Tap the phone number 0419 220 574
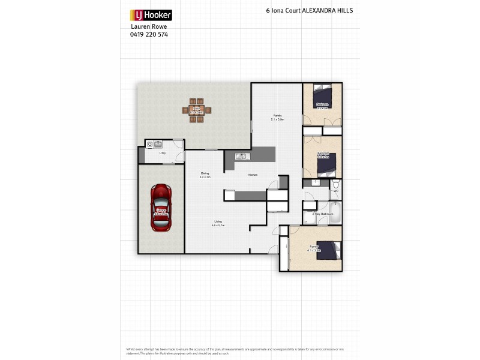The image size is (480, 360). coord(149,35)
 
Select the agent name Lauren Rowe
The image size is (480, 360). coord(146,27)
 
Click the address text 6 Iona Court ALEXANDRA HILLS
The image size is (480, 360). coord(309,11)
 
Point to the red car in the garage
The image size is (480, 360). coord(161,208)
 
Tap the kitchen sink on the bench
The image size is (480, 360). coord(241,157)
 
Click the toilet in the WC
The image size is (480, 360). coord(336,185)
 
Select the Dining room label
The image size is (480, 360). coord(205,175)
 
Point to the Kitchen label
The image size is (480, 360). coord(253,175)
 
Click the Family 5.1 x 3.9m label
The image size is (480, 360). coord(277,117)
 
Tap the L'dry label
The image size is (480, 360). coord(162,154)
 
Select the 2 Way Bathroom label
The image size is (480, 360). coord(318,214)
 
